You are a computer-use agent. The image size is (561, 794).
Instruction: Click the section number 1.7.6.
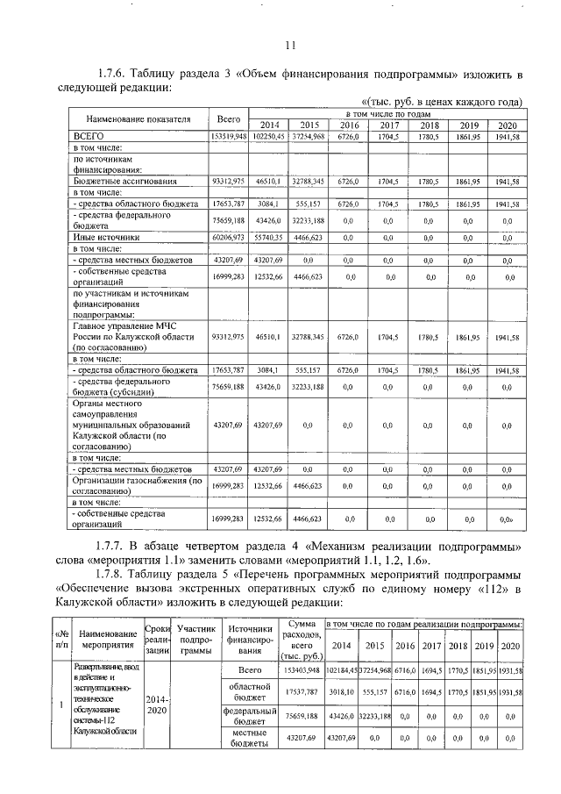[119, 73]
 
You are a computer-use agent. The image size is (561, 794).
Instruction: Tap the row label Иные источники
[106, 237]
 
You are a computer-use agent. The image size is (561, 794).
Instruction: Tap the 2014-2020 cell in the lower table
[157, 705]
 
